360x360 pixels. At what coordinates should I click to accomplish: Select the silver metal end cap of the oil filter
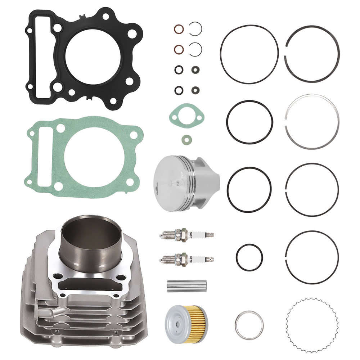pos(176,321)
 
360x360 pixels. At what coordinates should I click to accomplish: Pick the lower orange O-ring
pos(178,49)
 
